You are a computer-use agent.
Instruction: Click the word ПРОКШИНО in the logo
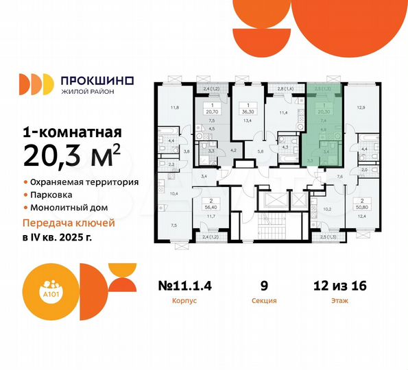click(97, 80)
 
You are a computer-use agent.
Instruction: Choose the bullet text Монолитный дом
click(70, 208)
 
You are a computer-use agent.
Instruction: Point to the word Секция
click(264, 299)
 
